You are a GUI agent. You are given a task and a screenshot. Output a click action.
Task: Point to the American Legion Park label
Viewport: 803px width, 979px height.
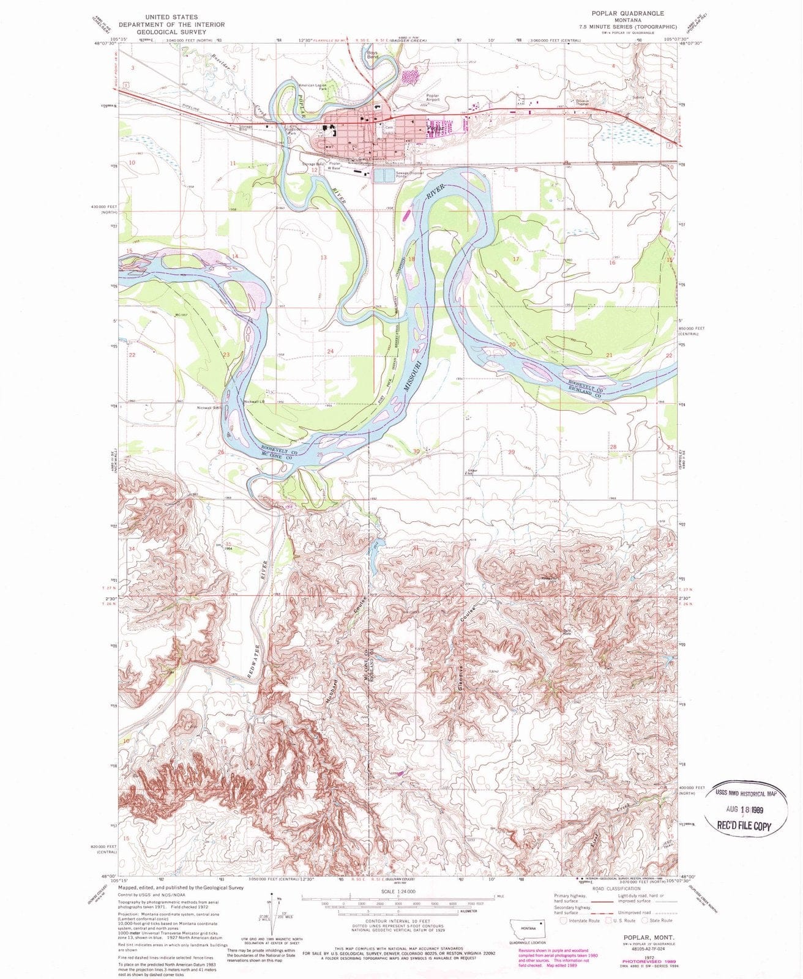[313, 87]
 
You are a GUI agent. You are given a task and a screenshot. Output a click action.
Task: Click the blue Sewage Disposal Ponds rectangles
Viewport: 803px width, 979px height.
[385, 176]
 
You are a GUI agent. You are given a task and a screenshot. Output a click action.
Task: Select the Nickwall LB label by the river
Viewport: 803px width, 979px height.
[253, 402]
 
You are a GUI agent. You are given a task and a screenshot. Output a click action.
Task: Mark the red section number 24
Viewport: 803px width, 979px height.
[331, 351]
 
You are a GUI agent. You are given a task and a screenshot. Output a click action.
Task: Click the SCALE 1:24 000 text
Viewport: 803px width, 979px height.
[398, 891]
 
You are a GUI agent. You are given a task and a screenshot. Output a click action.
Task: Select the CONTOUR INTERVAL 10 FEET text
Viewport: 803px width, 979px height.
[398, 920]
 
